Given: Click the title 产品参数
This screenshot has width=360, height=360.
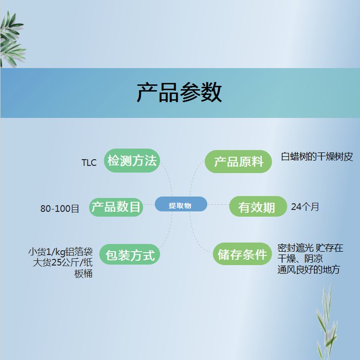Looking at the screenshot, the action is coord(180,93).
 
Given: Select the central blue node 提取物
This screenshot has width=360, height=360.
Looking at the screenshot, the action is coord(181,204).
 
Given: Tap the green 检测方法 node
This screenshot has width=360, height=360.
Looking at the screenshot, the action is coord(132,161).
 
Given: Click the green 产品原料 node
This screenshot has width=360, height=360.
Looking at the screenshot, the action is coord(238,162).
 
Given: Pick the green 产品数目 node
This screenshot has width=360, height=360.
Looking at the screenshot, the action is coord(116,207).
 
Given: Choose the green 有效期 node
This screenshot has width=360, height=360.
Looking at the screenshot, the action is coord(258,206).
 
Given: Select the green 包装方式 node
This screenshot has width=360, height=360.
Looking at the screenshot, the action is coord(130,254).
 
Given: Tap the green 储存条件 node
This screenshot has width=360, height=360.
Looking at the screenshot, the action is coord(242,254).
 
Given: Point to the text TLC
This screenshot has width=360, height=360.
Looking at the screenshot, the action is coord(89,163).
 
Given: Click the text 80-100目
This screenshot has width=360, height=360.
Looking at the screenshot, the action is coord(60,208).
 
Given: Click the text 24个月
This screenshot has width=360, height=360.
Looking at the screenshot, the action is coord(305,207).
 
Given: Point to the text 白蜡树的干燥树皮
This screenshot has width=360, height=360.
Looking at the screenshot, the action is coord(317,157).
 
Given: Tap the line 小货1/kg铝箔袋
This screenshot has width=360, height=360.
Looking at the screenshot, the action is coord(60,252).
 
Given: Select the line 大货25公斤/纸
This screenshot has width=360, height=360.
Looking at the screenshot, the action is coord(63,263).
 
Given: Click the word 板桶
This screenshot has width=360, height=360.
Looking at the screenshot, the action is coord(84,274).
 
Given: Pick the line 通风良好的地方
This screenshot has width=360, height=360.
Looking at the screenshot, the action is coord(309,270).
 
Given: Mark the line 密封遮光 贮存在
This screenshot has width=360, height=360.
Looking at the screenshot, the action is coord(311,248).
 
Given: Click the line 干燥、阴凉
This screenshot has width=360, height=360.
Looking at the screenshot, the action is coord(300,259).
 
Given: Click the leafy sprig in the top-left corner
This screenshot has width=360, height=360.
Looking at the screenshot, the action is coord(12,39).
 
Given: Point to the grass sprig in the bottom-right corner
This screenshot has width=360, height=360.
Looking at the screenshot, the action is coord(326,322).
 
